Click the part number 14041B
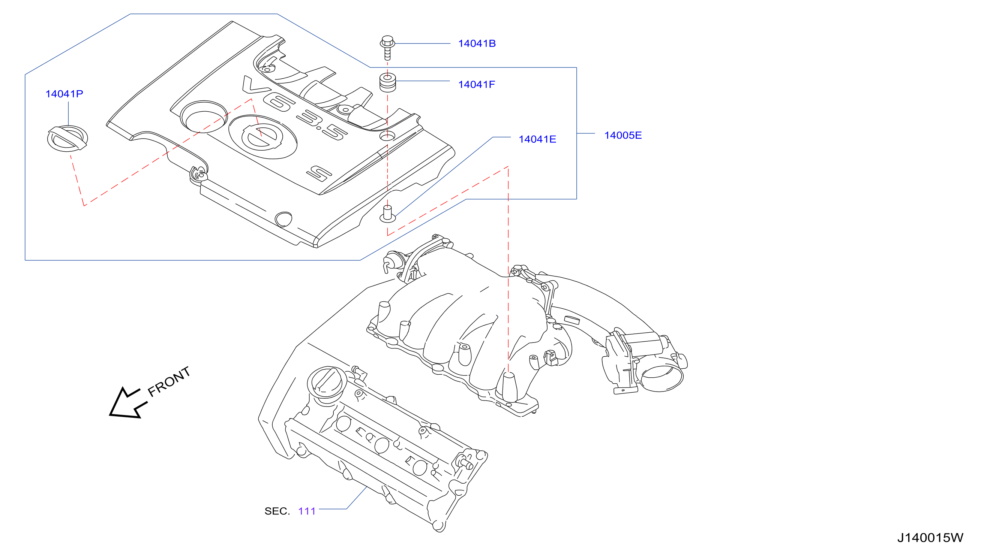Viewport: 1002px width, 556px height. pyautogui.click(x=477, y=43)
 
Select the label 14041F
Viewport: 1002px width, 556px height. pyautogui.click(x=477, y=84)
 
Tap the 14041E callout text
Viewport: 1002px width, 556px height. pyautogui.click(x=537, y=139)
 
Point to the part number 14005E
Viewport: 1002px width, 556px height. pyautogui.click(x=623, y=135)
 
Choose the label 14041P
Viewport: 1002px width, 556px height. pyautogui.click(x=64, y=94)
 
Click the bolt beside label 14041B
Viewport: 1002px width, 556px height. pyautogui.click(x=387, y=48)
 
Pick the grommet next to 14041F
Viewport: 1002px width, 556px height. pyautogui.click(x=387, y=82)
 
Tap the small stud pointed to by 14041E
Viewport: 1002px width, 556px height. pyautogui.click(x=387, y=214)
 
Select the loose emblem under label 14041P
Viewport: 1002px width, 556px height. pyautogui.click(x=67, y=139)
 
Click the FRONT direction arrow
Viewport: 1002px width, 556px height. pyautogui.click(x=128, y=403)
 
